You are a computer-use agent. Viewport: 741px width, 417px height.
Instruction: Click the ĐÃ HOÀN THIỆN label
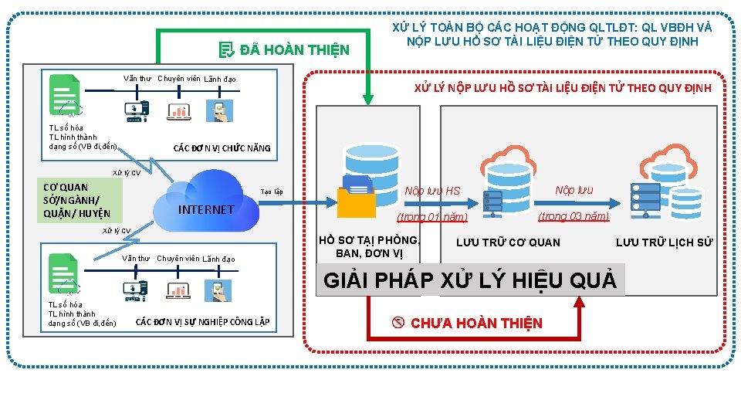pyautogui.click(x=294, y=51)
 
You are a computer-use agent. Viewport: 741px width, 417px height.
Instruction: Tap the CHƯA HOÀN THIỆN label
pyautogui.click(x=475, y=323)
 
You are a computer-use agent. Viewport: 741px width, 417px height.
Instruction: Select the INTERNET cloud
pyautogui.click(x=206, y=202)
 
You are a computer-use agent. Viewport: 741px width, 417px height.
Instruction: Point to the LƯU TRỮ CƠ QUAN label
pyautogui.click(x=508, y=242)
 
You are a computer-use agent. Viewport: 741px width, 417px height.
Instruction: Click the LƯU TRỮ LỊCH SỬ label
pyautogui.click(x=664, y=242)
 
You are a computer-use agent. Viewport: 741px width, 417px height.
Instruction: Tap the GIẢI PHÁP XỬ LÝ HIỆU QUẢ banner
pyautogui.click(x=470, y=280)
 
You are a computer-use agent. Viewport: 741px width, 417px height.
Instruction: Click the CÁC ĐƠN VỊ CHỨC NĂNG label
pyautogui.click(x=222, y=147)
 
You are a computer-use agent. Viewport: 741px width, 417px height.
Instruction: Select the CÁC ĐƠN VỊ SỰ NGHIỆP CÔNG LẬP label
pyautogui.click(x=202, y=321)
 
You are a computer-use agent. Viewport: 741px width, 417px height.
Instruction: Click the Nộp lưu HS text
pyautogui.click(x=432, y=191)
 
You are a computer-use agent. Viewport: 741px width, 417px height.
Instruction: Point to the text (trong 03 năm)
pyautogui.click(x=573, y=216)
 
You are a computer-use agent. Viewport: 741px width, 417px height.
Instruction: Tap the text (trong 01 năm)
pyautogui.click(x=432, y=218)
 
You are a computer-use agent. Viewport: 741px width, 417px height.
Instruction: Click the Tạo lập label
pyautogui.click(x=272, y=191)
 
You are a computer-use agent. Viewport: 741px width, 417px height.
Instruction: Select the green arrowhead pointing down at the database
pyautogui.click(x=368, y=97)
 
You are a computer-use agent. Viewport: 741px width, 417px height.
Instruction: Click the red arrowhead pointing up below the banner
pyautogui.click(x=578, y=303)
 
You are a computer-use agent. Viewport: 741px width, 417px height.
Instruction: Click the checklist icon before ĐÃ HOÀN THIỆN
pyautogui.click(x=226, y=51)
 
